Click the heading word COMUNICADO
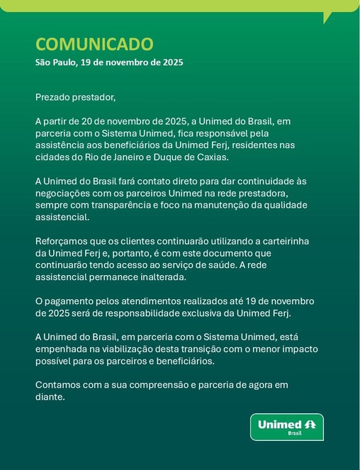coord(94,44)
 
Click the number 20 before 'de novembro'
coord(89,121)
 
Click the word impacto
coord(298,349)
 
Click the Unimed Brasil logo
coord(286,427)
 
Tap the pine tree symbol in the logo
coord(310,424)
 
